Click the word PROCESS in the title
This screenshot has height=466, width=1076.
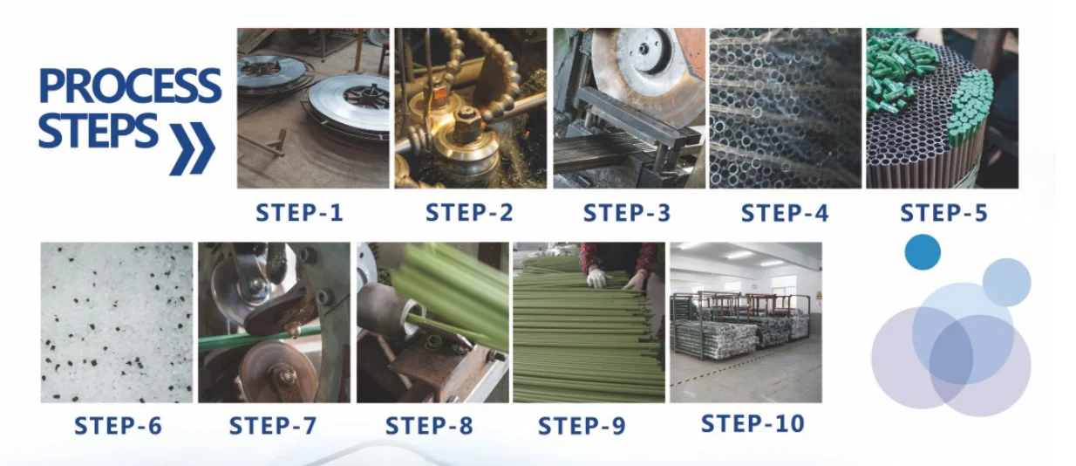(130, 86)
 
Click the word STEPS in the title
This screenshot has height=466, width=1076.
(98, 130)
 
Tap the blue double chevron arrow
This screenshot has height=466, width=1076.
(192, 148)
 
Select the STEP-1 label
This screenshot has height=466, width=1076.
(299, 213)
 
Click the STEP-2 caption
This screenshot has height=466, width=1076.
(469, 212)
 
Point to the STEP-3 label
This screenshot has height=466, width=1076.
(627, 213)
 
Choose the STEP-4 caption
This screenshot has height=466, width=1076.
(785, 213)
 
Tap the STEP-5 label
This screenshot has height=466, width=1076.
(944, 213)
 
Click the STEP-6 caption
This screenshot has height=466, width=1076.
(119, 426)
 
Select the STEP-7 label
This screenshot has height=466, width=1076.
(273, 426)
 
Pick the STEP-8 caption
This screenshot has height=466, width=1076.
(429, 426)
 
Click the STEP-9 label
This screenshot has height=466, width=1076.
(582, 426)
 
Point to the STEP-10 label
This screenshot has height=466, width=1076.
(753, 424)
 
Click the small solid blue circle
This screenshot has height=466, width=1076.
(923, 252)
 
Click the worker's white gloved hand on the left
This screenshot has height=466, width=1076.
(599, 278)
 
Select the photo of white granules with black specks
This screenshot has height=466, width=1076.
(117, 322)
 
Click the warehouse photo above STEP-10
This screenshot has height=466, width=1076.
(746, 322)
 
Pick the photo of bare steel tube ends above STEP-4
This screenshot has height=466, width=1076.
(786, 108)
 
